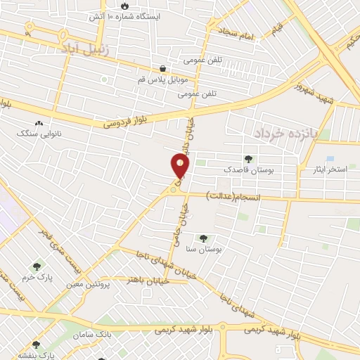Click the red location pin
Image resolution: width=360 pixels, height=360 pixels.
point(180,167)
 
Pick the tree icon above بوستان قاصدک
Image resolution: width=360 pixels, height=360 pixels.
point(247,159)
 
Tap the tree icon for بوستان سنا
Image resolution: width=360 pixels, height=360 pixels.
point(204,238)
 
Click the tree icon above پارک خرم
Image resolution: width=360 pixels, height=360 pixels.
point(37,266)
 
